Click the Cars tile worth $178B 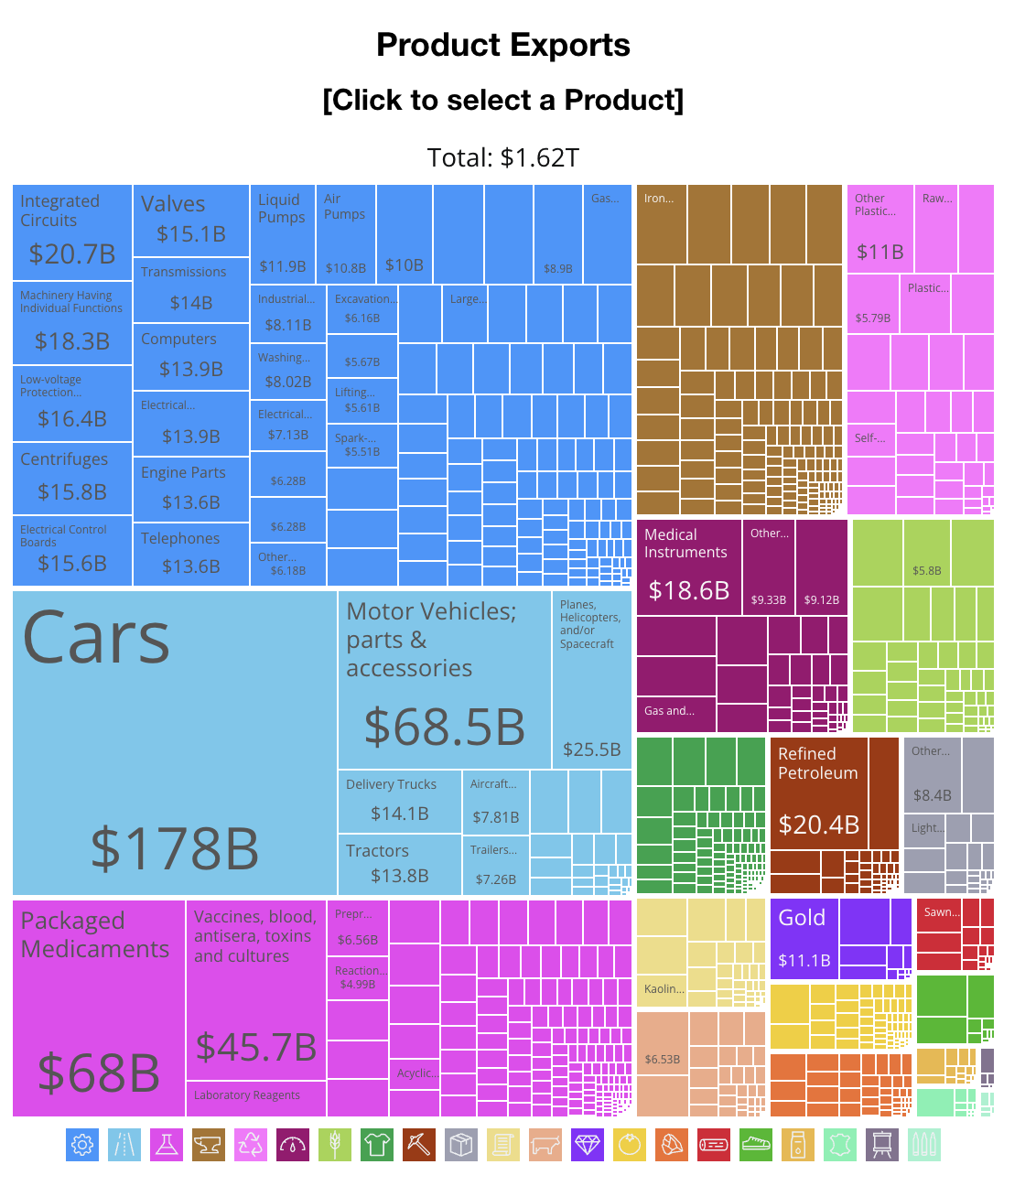pyautogui.click(x=174, y=742)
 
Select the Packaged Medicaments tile pyautogui.click(x=99, y=1007)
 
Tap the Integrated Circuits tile pyautogui.click(x=72, y=232)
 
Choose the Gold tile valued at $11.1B pyautogui.click(x=804, y=939)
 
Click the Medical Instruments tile pyautogui.click(x=688, y=566)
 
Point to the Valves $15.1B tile pyautogui.click(x=191, y=220)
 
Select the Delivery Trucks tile pyautogui.click(x=399, y=801)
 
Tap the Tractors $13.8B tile pyautogui.click(x=399, y=864)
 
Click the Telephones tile pyautogui.click(x=191, y=554)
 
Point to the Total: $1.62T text pyautogui.click(x=502, y=157)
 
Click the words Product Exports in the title pyautogui.click(x=502, y=45)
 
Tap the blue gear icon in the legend pyautogui.click(x=82, y=1145)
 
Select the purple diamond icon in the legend pyautogui.click(x=588, y=1145)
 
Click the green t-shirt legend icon pyautogui.click(x=377, y=1145)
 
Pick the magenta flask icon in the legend pyautogui.click(x=167, y=1145)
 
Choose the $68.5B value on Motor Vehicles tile pyautogui.click(x=445, y=727)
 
